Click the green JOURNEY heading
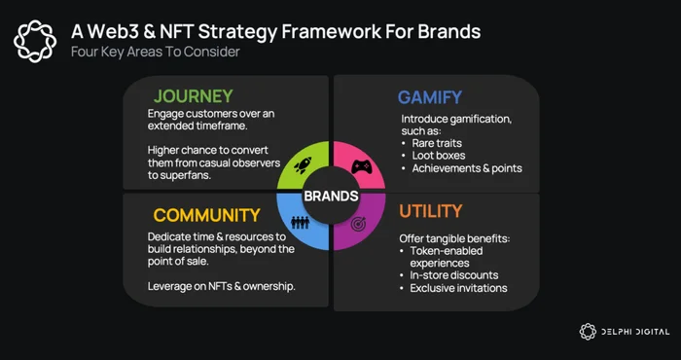pyautogui.click(x=194, y=96)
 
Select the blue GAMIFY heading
pyautogui.click(x=430, y=97)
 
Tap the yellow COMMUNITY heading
pyautogui.click(x=206, y=215)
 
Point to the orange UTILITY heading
pyautogui.click(x=430, y=211)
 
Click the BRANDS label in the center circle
pyautogui.click(x=331, y=197)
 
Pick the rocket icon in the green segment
pyautogui.click(x=303, y=165)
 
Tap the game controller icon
pyautogui.click(x=361, y=167)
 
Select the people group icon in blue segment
pyautogui.click(x=300, y=223)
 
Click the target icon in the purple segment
pyautogui.click(x=358, y=224)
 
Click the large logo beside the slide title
pyautogui.click(x=35, y=41)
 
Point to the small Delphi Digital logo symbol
pyautogui.click(x=588, y=332)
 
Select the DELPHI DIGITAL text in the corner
pyautogui.click(x=635, y=332)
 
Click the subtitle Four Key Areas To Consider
pyautogui.click(x=155, y=53)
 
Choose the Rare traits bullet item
pyautogui.click(x=436, y=142)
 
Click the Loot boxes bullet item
pyautogui.click(x=439, y=155)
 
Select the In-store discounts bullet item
pyautogui.click(x=454, y=275)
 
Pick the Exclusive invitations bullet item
pyautogui.click(x=458, y=288)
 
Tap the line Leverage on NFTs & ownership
pyautogui.click(x=222, y=287)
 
